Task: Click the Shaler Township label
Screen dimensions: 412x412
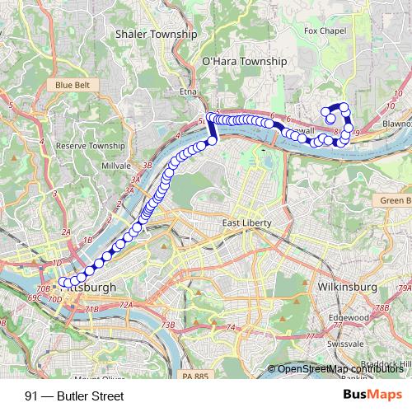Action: click(x=157, y=35)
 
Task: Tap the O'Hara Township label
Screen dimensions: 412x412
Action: click(x=245, y=61)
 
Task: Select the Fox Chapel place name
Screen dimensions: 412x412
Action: click(x=322, y=31)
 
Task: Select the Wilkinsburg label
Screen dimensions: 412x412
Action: click(x=346, y=287)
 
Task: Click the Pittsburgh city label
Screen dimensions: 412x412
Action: click(x=91, y=288)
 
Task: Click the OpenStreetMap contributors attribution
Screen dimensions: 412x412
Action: click(x=338, y=369)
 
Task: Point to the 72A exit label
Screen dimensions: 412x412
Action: click(x=125, y=305)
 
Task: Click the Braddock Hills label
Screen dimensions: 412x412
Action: click(x=387, y=363)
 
